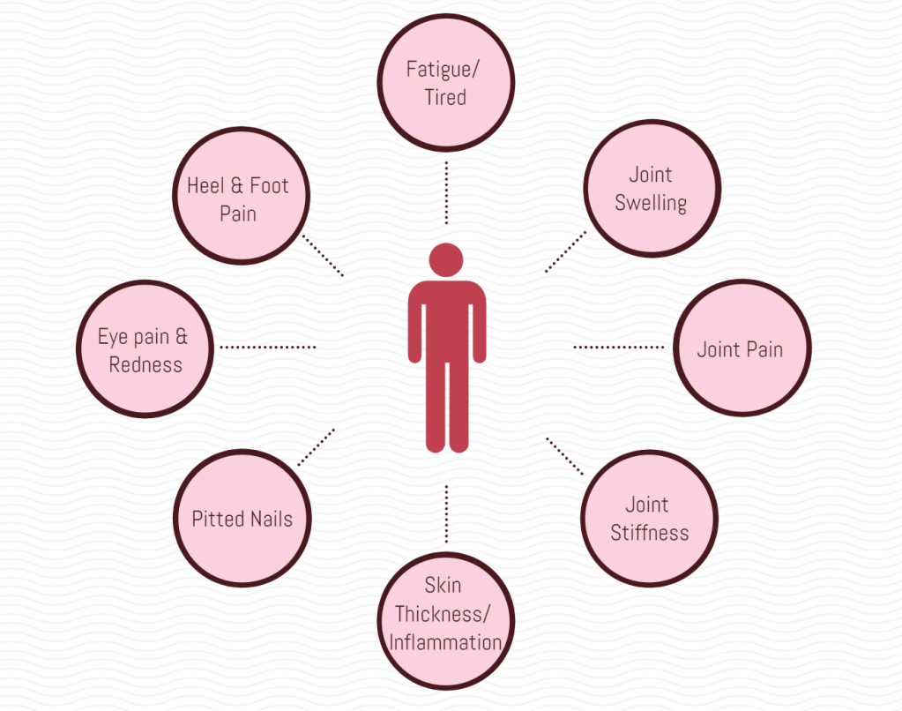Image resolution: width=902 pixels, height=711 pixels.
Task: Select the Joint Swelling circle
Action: tap(651, 188)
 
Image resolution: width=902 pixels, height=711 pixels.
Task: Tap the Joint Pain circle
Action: tap(741, 348)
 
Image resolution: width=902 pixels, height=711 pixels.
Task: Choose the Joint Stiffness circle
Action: tap(650, 518)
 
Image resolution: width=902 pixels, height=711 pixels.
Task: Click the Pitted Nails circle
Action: tap(242, 518)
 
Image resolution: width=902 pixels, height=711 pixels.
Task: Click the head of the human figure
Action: tap(446, 259)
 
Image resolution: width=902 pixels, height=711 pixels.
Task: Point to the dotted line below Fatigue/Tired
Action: tap(446, 192)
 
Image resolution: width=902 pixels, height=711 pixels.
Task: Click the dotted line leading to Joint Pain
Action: tap(619, 347)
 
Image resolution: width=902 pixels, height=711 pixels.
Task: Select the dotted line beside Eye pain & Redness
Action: tap(267, 347)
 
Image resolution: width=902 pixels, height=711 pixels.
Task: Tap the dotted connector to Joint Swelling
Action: tap(565, 251)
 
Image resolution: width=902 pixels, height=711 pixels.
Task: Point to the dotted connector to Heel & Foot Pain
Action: tap(322, 255)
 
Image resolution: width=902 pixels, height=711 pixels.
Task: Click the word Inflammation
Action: tap(445, 642)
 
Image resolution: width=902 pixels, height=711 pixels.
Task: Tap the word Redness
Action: tap(145, 364)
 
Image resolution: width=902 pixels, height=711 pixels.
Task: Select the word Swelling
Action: tap(651, 203)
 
